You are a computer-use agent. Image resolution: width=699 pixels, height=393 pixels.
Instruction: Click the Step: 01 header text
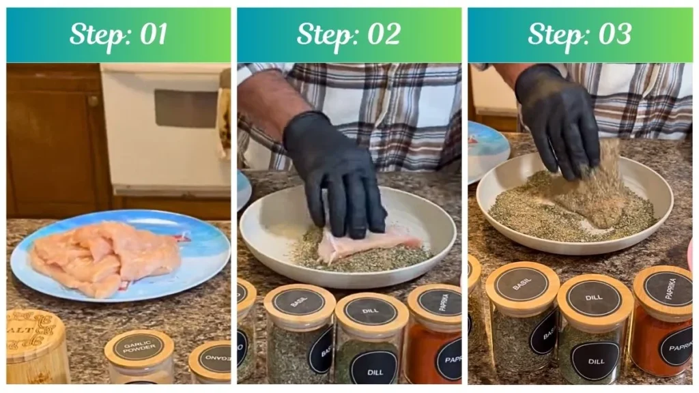tap(118, 35)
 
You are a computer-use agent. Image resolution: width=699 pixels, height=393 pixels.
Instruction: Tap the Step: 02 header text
tap(349, 35)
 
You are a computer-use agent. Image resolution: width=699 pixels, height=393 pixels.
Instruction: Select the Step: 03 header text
tap(580, 35)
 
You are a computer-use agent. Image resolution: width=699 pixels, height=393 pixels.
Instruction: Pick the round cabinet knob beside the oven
tap(94, 100)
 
